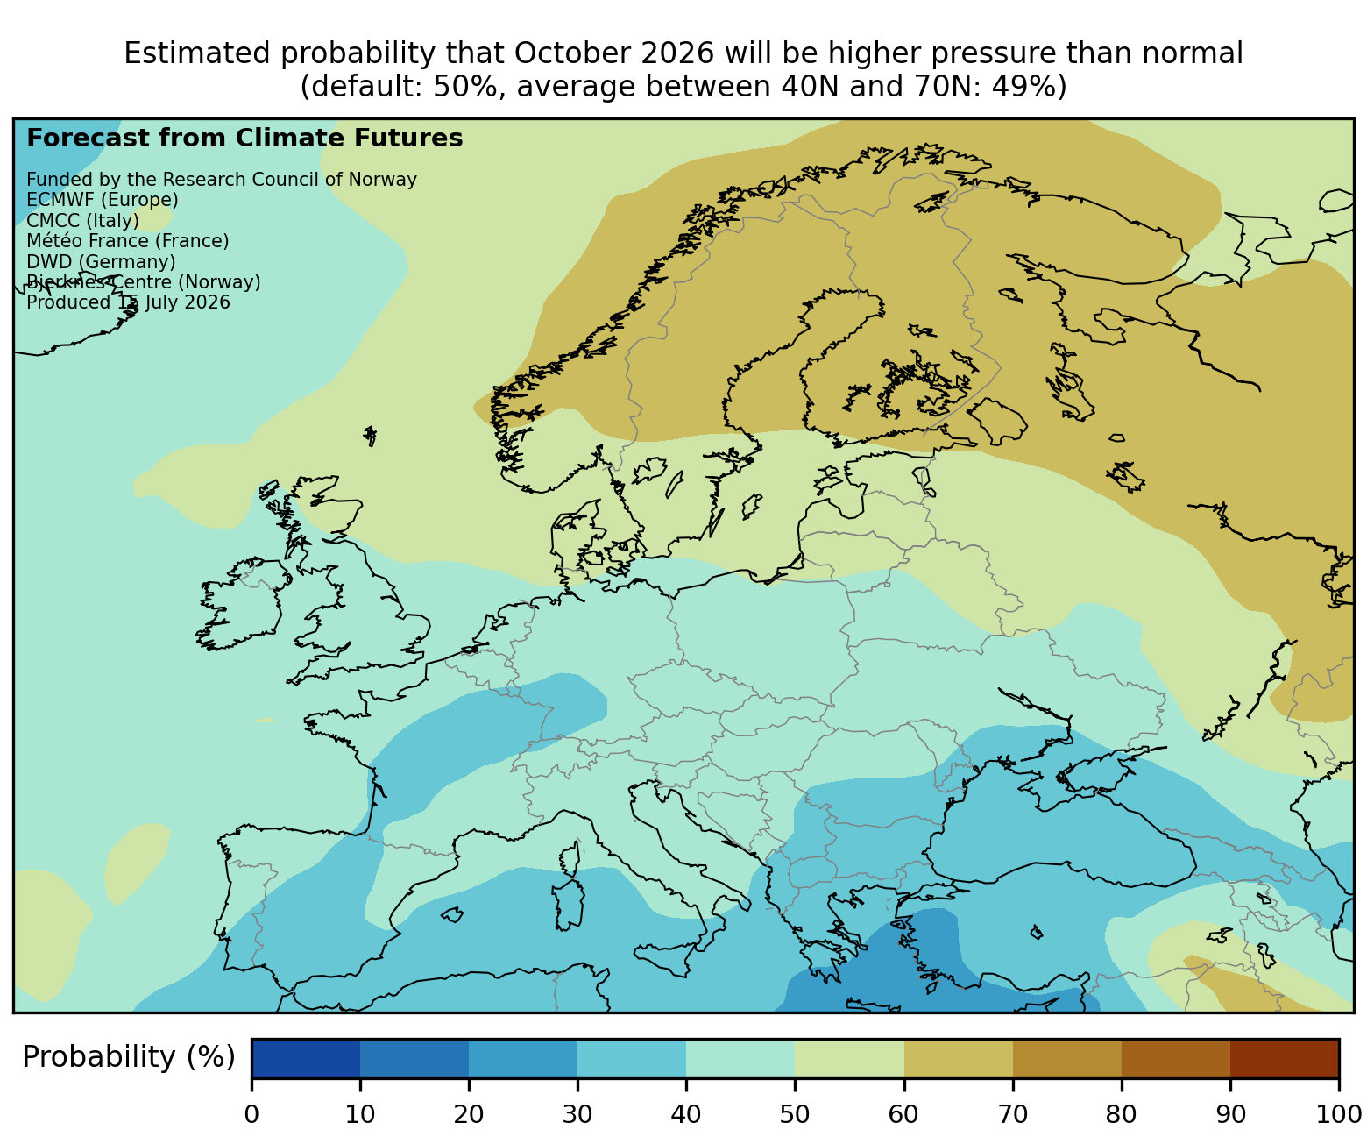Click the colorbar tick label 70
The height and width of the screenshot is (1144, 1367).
[x=1012, y=1114]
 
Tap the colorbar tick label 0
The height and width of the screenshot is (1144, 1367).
[x=251, y=1114]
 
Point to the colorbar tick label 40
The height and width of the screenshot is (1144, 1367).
[x=685, y=1114]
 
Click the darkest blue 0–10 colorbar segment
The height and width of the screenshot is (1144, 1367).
[x=306, y=1058]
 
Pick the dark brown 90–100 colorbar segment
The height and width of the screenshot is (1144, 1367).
[x=1285, y=1058]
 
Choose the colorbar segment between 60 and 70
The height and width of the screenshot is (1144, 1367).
[x=959, y=1058]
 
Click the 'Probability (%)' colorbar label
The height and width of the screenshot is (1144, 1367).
[x=128, y=1057]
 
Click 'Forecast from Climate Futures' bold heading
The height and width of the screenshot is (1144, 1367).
[x=244, y=139]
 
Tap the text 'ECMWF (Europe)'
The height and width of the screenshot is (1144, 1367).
[x=103, y=200]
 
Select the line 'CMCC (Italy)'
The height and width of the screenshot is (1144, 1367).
[x=82, y=220]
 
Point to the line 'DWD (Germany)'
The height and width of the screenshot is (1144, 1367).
[x=101, y=261]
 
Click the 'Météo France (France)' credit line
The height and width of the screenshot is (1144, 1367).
[x=128, y=240]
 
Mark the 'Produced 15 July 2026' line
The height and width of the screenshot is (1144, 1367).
[x=128, y=302]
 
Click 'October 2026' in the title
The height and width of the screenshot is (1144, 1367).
[x=613, y=53]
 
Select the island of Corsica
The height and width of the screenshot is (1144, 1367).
[x=570, y=859]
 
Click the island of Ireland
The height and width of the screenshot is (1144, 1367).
[x=239, y=603]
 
